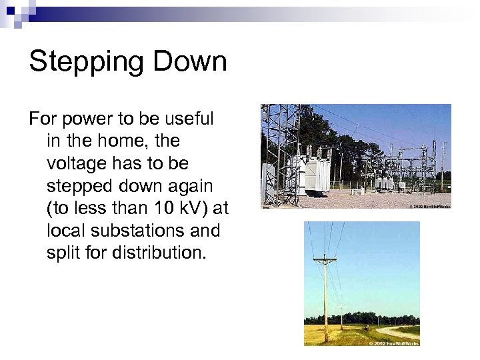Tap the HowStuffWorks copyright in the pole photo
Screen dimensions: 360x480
[397, 342]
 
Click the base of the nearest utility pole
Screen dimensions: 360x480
[325, 340]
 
